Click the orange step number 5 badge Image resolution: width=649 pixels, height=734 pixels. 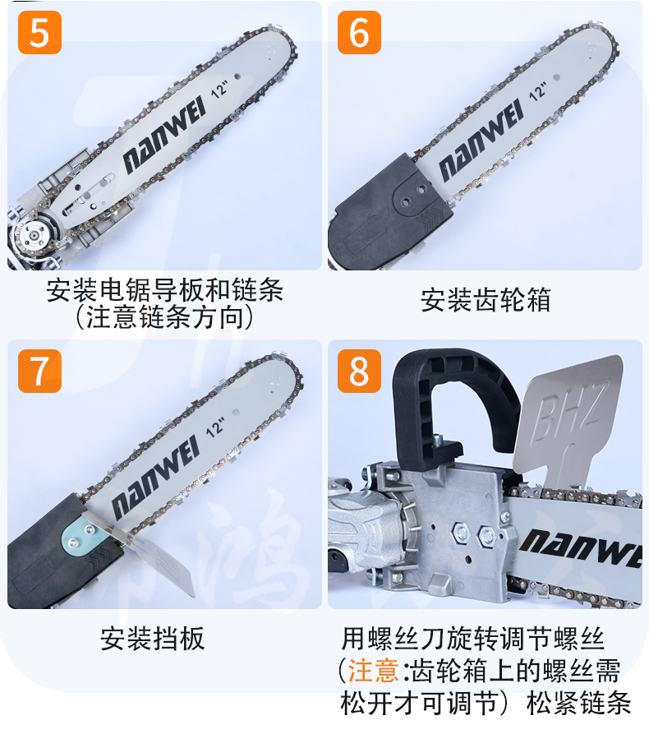tap(39, 33)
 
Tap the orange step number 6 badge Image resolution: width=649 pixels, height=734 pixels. tap(359, 33)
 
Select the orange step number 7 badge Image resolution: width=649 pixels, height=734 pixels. tap(39, 371)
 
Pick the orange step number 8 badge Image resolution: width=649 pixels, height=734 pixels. tap(359, 371)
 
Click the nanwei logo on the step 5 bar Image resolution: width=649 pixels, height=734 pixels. tap(163, 135)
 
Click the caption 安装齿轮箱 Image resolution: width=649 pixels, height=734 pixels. tap(486, 299)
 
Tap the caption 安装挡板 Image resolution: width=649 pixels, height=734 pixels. tap(153, 638)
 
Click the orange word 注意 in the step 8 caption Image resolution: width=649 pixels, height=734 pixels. tap(374, 671)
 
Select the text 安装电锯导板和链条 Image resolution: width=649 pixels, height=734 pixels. tap(164, 289)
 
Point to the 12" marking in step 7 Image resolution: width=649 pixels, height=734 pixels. tap(214, 427)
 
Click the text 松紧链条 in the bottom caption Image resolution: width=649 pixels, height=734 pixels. tap(579, 703)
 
